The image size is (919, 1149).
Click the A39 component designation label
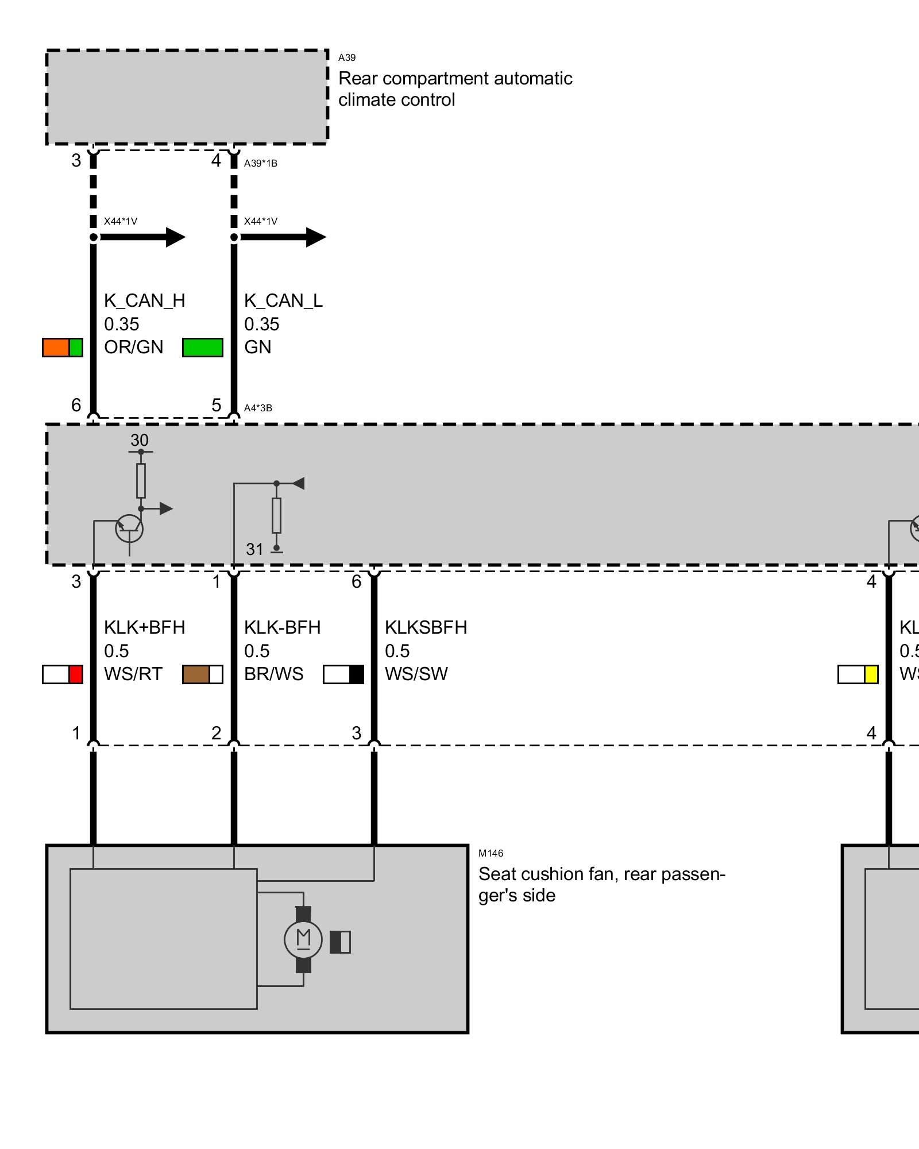(347, 57)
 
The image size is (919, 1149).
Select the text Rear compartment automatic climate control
(455, 89)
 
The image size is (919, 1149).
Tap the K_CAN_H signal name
(144, 300)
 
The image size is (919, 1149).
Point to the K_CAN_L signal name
(283, 300)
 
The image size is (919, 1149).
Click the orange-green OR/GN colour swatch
(63, 348)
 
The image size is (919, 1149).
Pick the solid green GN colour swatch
(203, 348)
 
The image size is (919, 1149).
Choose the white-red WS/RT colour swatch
(63, 674)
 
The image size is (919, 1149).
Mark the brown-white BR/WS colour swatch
(203, 674)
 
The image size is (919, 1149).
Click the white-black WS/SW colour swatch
(343, 674)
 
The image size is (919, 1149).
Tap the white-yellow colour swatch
(858, 674)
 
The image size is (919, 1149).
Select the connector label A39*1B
(261, 163)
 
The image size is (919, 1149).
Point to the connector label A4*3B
(258, 408)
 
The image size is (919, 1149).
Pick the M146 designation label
(491, 853)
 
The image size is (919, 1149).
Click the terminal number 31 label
(254, 549)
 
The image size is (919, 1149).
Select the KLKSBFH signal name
(426, 627)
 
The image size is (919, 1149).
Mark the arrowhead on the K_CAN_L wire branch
(315, 237)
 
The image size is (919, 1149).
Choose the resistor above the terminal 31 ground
(276, 515)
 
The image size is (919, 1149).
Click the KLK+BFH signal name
(144, 627)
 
